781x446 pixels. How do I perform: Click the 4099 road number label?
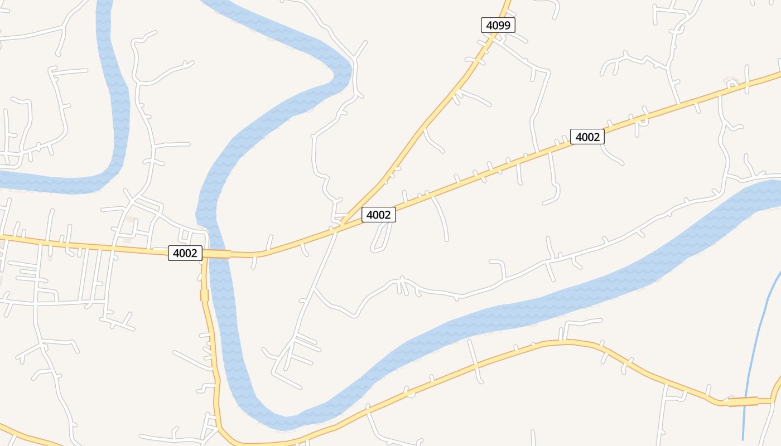(498, 25)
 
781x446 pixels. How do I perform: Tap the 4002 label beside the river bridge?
(185, 253)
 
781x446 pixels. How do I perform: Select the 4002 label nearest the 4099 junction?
(379, 215)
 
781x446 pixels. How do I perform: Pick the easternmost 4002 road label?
(587, 137)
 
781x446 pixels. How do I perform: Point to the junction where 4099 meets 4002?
(341, 224)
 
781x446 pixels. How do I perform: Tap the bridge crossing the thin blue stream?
(743, 401)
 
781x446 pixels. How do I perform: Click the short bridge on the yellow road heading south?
(205, 295)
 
